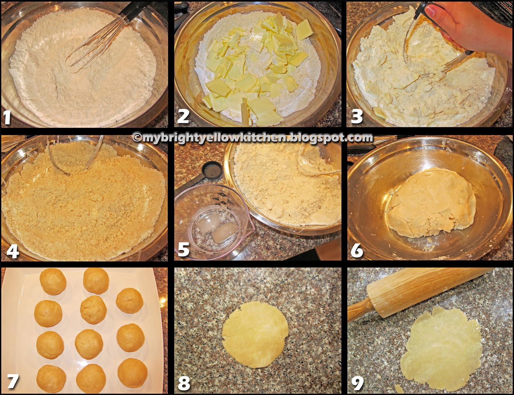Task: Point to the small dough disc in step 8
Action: (x=255, y=334)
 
